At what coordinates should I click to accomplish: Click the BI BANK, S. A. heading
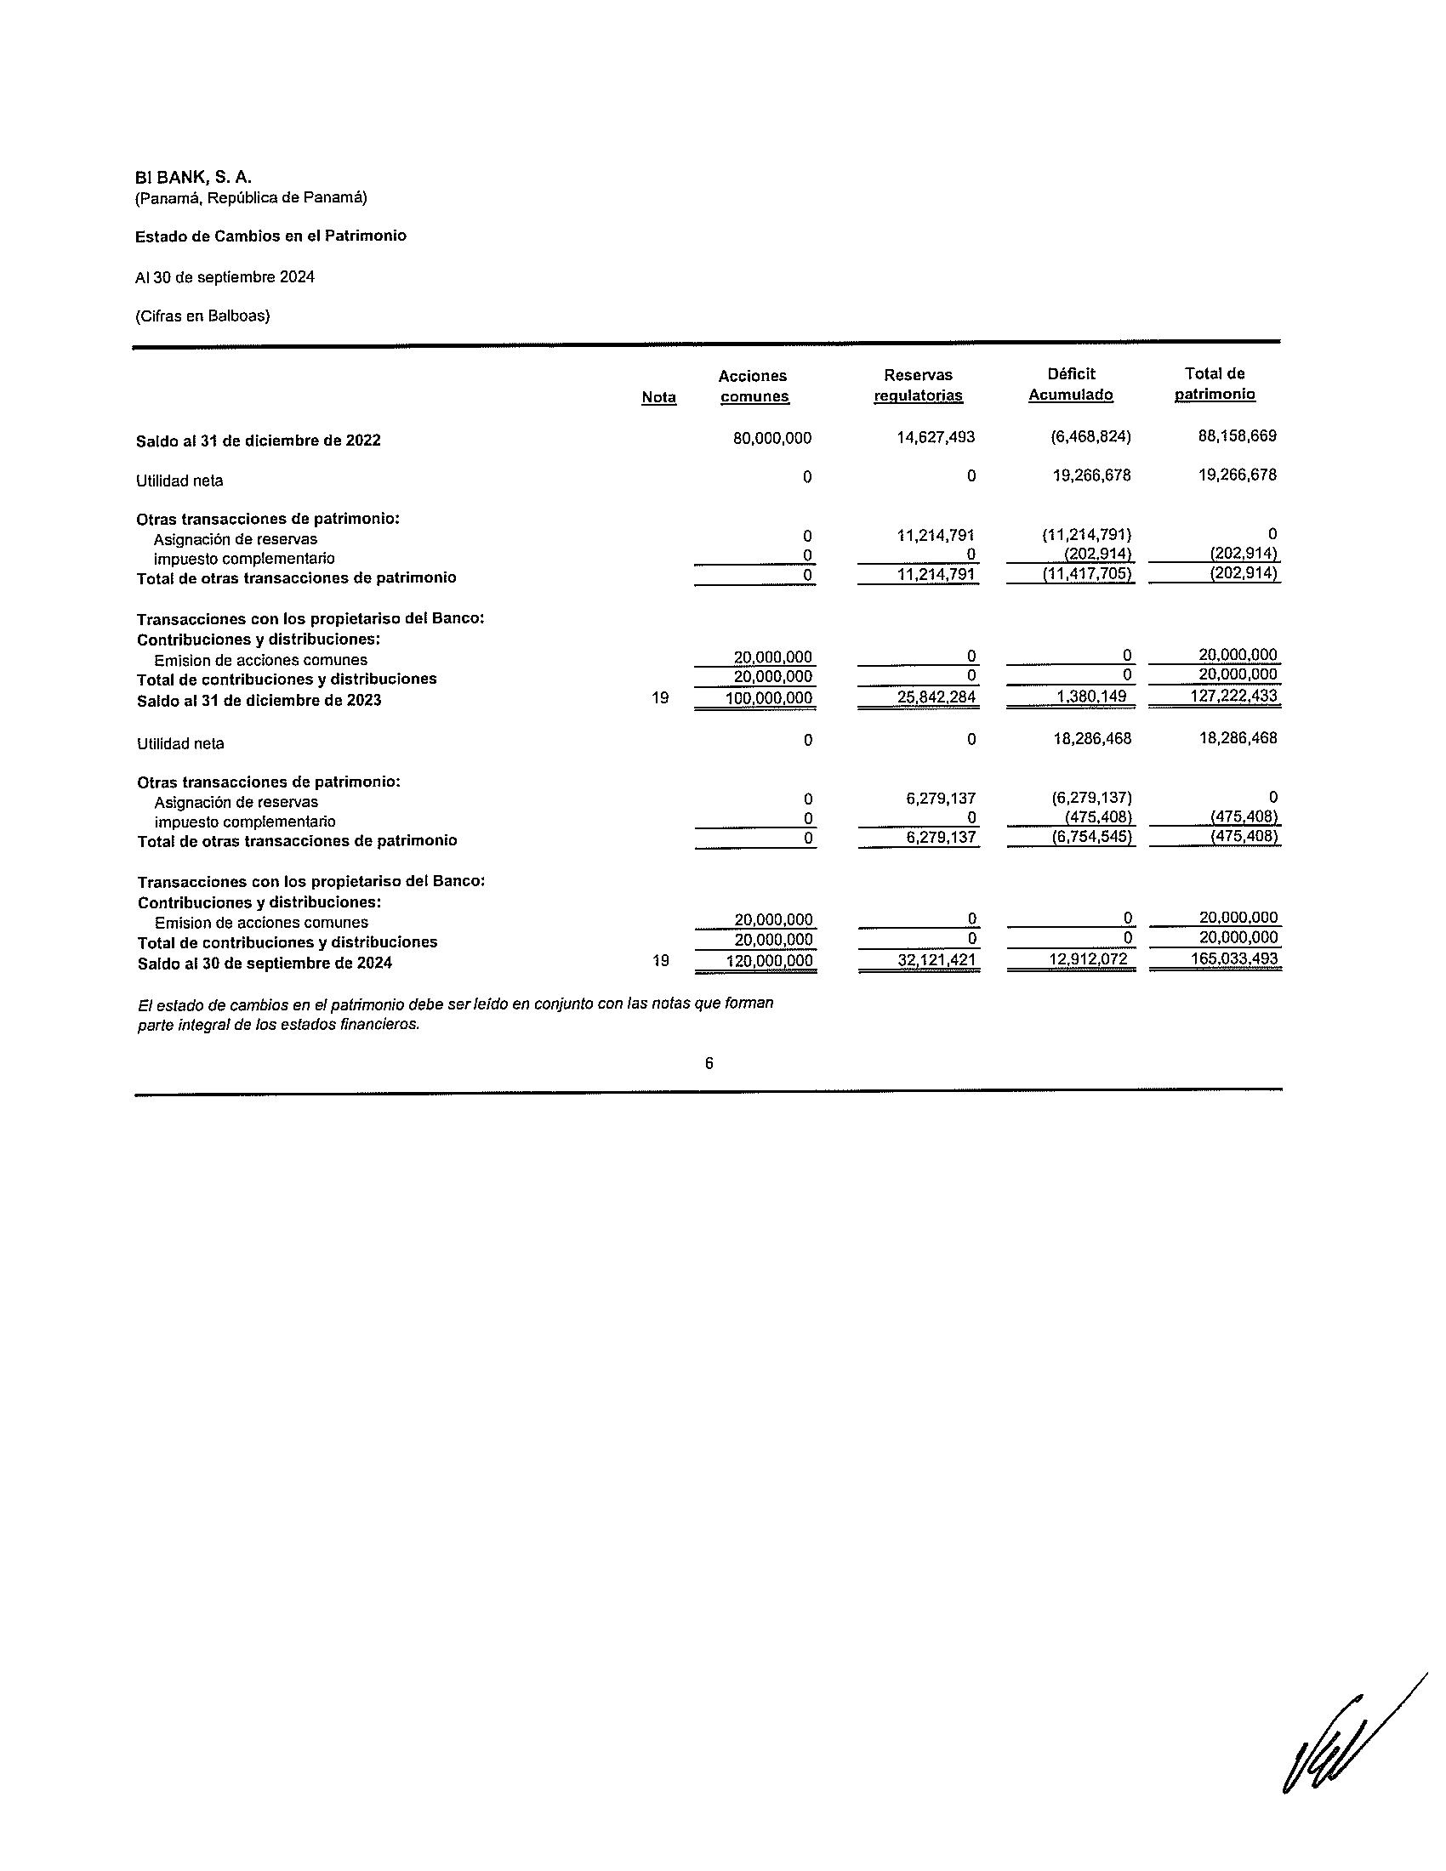coord(193,178)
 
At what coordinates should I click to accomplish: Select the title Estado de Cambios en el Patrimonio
coord(270,236)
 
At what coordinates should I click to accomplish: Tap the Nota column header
coord(658,397)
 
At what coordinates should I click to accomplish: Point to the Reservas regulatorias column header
coord(918,385)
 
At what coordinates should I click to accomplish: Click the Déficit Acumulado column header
coord(1071,384)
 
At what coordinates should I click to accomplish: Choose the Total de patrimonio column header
coord(1215,384)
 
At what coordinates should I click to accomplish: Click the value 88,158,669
coord(1237,436)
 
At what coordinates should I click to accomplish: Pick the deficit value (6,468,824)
coord(1090,437)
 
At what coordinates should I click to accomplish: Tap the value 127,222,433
coord(1233,696)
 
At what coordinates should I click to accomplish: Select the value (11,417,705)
coord(1087,574)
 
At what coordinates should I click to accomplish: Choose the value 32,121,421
coord(937,960)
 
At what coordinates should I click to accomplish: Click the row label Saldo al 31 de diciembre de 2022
coord(258,441)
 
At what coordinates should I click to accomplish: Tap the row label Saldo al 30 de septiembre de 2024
coord(265,964)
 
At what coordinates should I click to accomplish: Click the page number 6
coord(709,1064)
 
